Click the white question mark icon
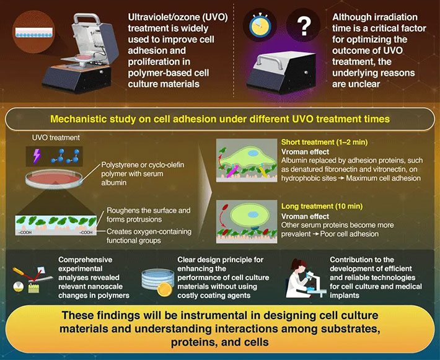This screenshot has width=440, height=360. (x=303, y=28)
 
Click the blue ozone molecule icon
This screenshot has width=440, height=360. (x=71, y=155)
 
